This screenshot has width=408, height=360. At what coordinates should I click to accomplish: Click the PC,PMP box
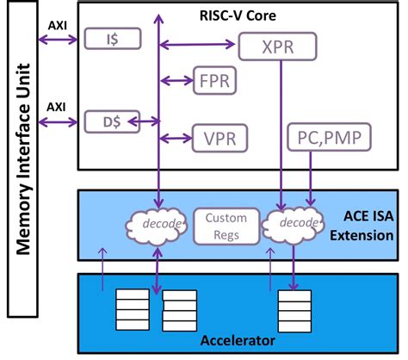pyautogui.click(x=316, y=137)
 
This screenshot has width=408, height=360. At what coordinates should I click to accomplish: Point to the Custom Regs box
pyautogui.click(x=220, y=227)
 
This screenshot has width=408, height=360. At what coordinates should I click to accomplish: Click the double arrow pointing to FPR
pyautogui.click(x=176, y=80)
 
